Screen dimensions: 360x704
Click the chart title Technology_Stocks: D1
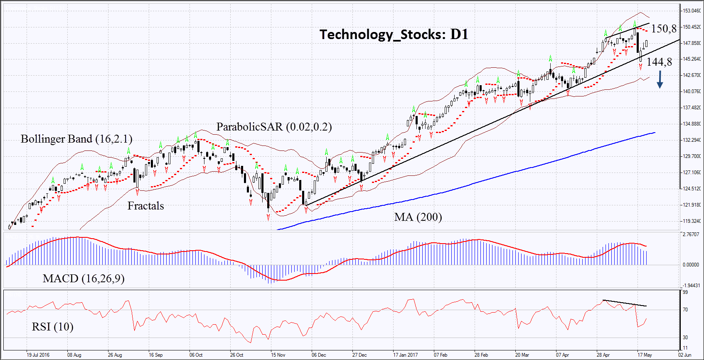[x=394, y=35]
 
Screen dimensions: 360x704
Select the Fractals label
[x=145, y=206]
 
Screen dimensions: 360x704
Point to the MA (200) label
[x=418, y=217]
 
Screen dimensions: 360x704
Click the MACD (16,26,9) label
[x=84, y=279]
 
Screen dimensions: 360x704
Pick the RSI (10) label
[x=52, y=327]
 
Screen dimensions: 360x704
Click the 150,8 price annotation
[x=664, y=29]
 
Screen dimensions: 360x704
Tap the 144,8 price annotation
[x=659, y=62]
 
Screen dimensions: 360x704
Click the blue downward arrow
[x=660, y=79]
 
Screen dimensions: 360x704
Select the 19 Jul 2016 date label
[x=38, y=355]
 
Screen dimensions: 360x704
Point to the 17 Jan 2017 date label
[x=405, y=355]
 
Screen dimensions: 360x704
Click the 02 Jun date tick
[x=684, y=355]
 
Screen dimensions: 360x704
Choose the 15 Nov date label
[x=278, y=355]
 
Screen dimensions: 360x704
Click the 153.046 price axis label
[x=692, y=11]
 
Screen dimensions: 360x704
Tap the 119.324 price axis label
[x=692, y=221]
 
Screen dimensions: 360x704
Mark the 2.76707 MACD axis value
[x=691, y=235]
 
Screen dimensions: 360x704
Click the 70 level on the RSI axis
[x=685, y=310]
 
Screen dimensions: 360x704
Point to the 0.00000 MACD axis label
[x=691, y=265]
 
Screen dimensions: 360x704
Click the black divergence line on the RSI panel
[x=624, y=303]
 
